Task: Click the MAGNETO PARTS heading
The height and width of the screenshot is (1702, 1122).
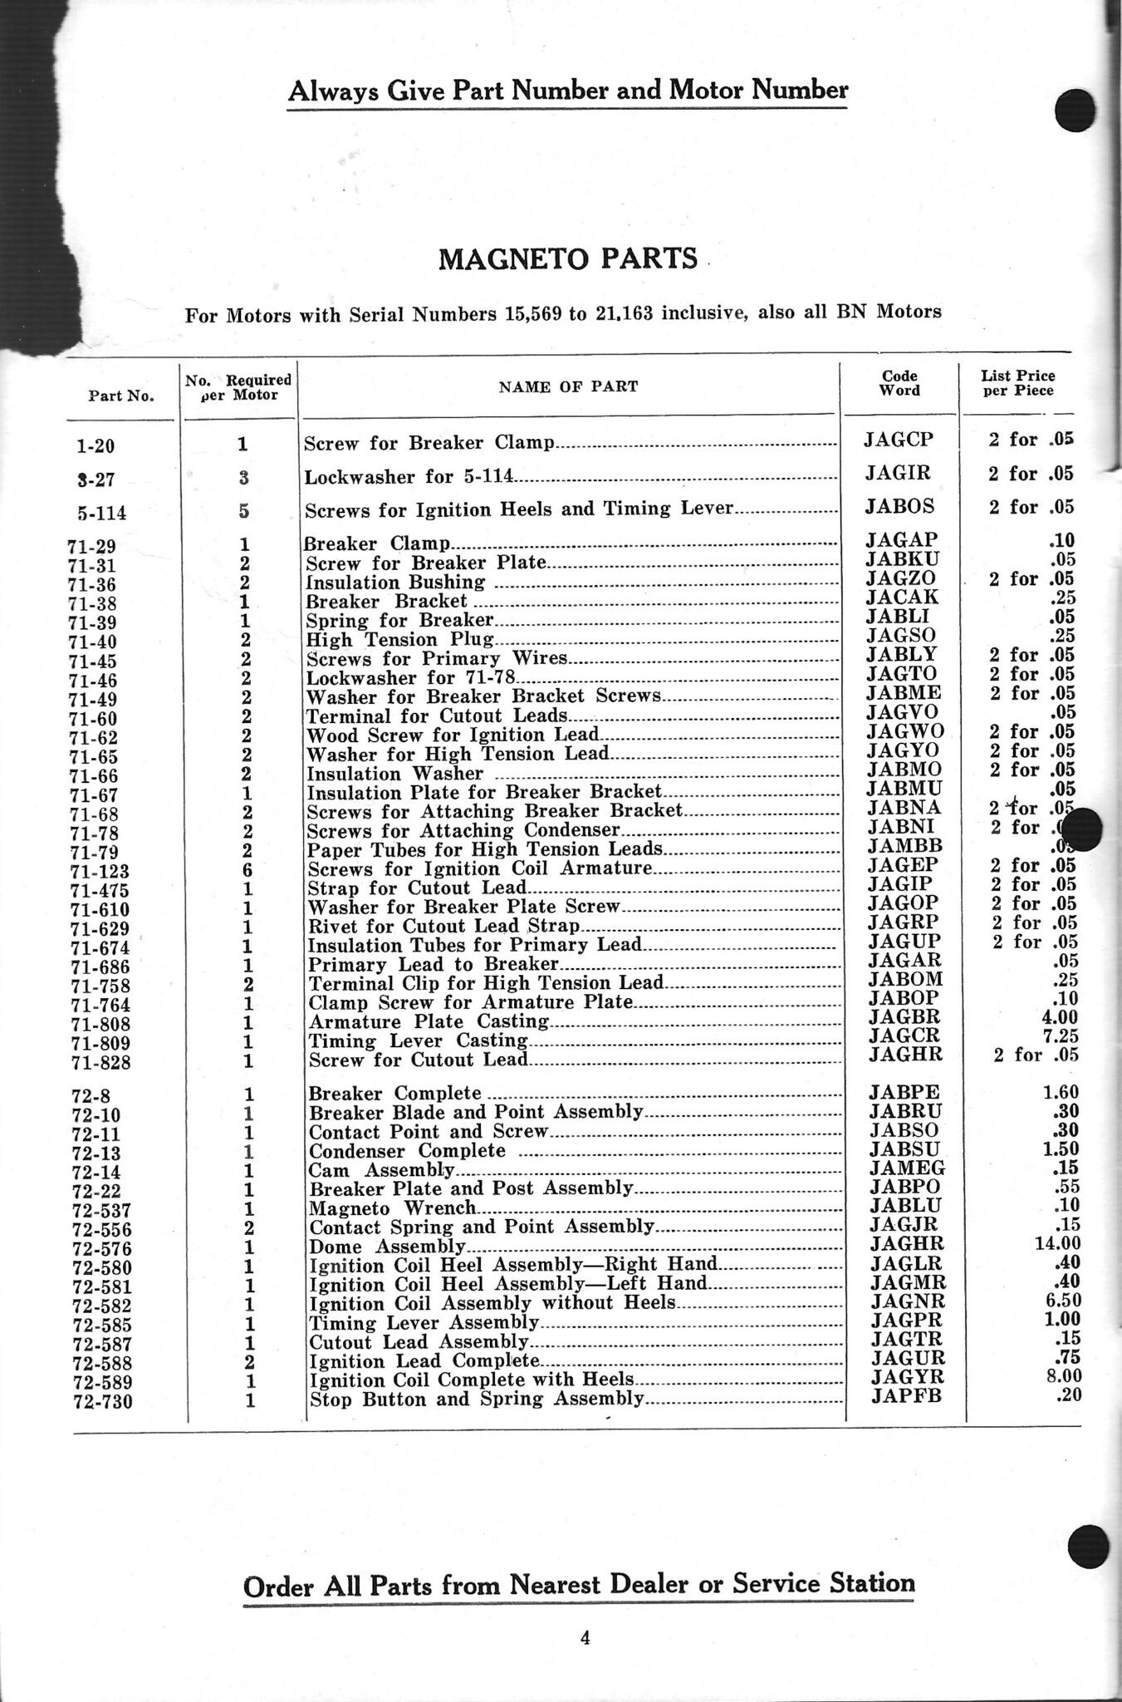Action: (568, 259)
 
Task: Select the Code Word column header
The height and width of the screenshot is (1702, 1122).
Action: (899, 383)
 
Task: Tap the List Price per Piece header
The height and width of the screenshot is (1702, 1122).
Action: (1018, 383)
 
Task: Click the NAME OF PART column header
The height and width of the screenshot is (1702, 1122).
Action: (568, 386)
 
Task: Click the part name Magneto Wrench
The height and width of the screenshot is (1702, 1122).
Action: (393, 1208)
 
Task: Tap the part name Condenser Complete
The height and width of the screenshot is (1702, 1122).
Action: (407, 1151)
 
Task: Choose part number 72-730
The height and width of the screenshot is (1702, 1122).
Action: (102, 1403)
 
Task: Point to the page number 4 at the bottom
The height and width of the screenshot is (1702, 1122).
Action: (585, 1638)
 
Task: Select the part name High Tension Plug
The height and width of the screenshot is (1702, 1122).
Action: (400, 639)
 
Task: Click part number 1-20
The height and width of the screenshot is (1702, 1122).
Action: (95, 445)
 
